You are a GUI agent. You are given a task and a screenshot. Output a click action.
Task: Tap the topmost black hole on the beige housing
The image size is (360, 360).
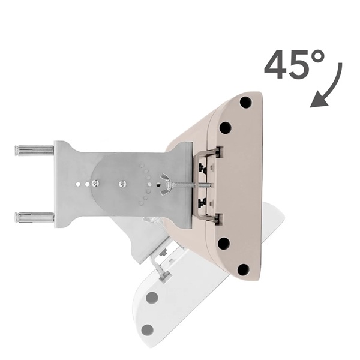[245, 102]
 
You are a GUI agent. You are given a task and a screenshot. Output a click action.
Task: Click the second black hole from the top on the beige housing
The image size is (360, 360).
[225, 127]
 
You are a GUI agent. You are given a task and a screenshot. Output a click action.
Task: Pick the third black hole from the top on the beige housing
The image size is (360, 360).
[224, 243]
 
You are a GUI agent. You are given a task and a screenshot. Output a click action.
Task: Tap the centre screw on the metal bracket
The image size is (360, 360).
[122, 183]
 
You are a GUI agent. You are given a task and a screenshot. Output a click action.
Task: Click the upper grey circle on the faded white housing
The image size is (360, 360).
[152, 296]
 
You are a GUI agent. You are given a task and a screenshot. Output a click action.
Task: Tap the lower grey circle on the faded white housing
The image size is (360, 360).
[147, 329]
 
